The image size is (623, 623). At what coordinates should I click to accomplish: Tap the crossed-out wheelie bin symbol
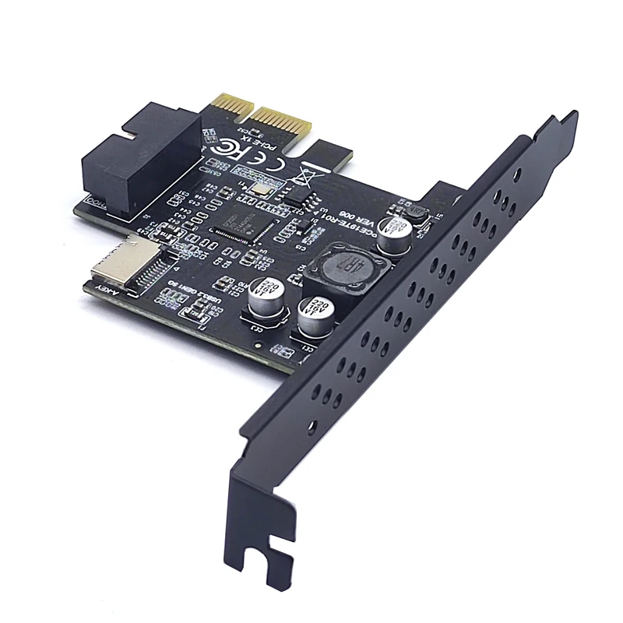click(305, 173)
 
